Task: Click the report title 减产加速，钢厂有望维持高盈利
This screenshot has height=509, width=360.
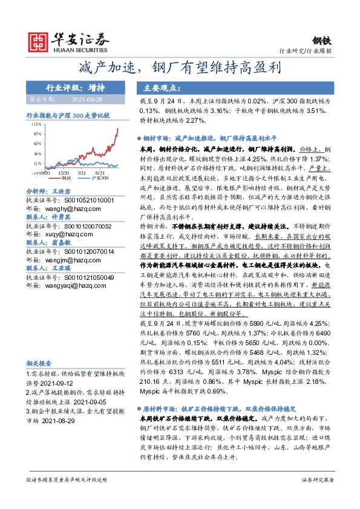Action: click(x=180, y=67)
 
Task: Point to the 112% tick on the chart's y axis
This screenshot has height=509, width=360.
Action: click(x=37, y=123)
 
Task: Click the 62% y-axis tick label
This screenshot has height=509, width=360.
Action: click(x=38, y=143)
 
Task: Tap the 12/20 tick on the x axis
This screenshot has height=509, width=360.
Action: click(x=63, y=173)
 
